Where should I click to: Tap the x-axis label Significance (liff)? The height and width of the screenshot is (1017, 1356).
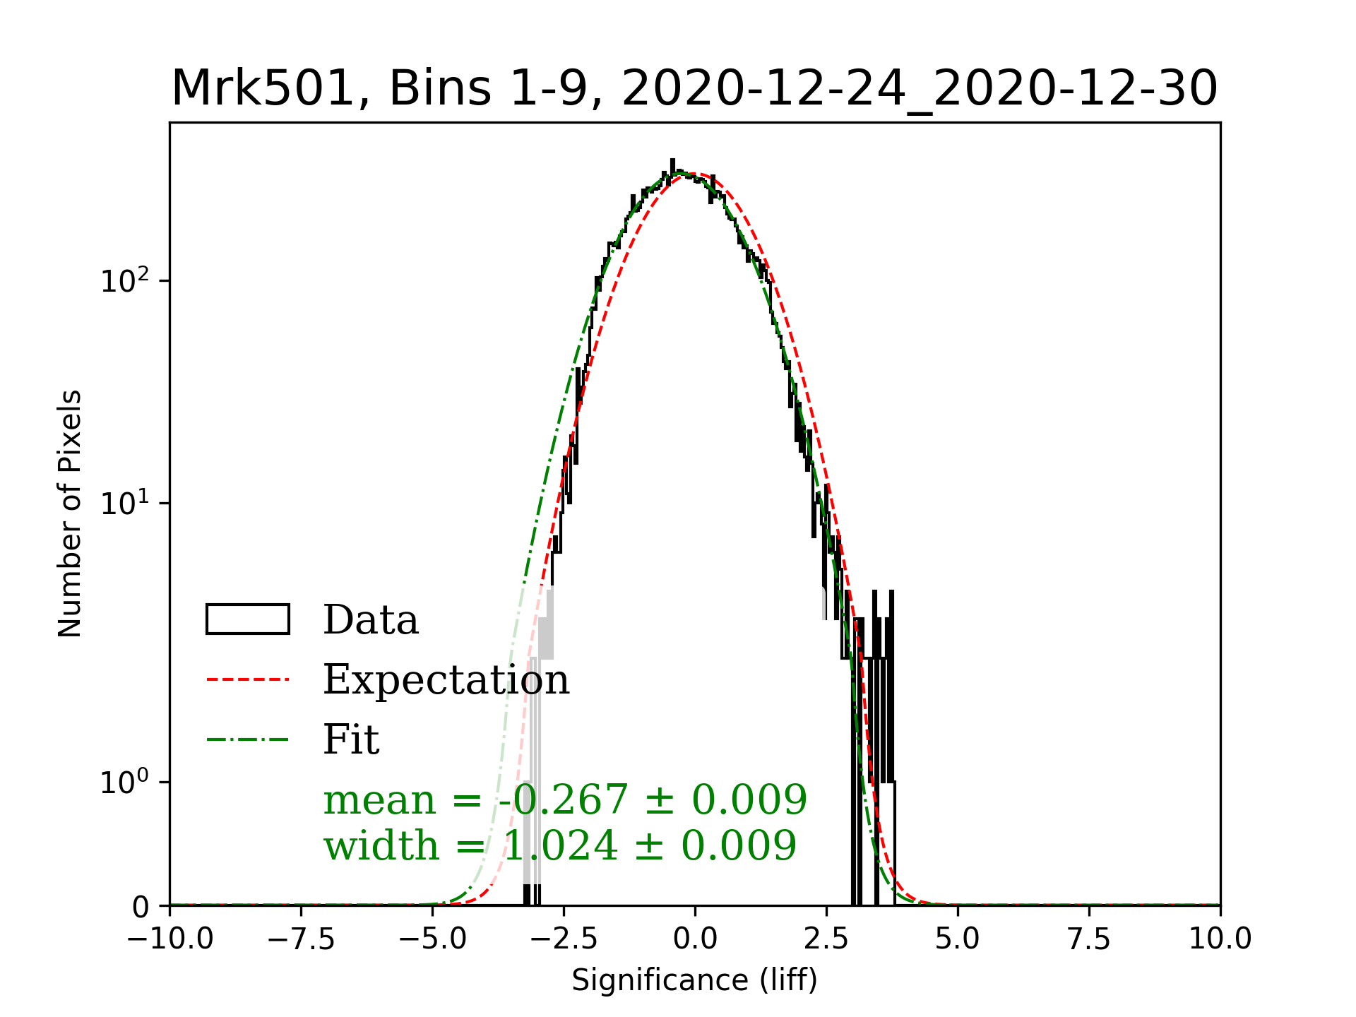pos(694,980)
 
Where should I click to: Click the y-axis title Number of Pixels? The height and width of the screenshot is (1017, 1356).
pos(70,513)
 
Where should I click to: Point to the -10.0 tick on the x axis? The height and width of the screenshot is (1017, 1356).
pos(170,939)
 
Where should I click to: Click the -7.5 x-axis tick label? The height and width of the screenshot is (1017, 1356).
pos(302,939)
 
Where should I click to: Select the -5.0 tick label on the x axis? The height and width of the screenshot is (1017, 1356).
pos(432,939)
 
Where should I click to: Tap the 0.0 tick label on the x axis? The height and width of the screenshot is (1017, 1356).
pos(695,939)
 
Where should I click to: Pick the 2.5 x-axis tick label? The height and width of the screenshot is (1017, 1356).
pos(826,939)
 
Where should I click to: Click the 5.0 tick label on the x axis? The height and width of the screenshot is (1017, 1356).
pos(958,939)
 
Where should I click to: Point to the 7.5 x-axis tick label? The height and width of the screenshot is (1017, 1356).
pos(1089,939)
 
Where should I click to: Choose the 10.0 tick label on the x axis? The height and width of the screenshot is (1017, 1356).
pos(1220,939)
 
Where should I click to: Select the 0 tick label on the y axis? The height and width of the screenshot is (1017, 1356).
pos(141,907)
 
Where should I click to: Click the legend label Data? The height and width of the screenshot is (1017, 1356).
pos(371,620)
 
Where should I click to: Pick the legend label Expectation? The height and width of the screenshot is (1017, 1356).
pos(446,680)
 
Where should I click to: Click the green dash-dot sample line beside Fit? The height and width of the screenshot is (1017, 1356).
pos(247,740)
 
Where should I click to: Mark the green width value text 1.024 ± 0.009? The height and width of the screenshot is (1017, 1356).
pos(649,845)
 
